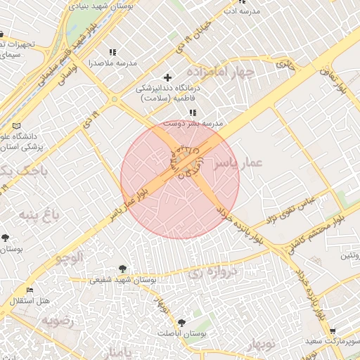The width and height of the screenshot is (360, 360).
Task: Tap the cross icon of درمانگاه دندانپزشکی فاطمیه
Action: (x=167, y=77)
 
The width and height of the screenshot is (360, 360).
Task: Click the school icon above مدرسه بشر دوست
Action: (x=193, y=112)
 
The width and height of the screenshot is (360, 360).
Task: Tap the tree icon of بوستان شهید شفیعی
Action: (x=124, y=269)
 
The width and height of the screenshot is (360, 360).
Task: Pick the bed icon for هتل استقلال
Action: (x=30, y=290)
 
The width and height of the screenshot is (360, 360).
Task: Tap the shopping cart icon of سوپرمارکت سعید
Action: (x=333, y=331)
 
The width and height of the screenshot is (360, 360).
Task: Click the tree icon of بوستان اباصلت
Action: (x=181, y=323)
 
